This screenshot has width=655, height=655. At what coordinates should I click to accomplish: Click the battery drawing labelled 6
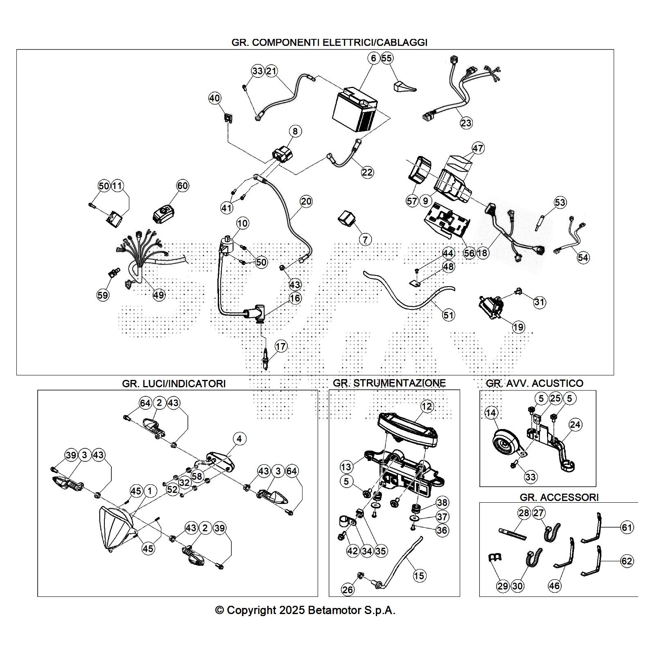coord(355,111)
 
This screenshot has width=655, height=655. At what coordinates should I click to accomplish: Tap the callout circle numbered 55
coord(386,58)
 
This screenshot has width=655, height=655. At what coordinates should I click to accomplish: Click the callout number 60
coord(182,186)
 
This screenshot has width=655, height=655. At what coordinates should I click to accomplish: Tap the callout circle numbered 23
coord(466,122)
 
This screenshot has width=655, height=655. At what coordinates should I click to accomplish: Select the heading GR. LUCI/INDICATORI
coord(174,384)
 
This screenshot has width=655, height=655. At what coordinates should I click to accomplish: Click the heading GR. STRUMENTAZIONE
coord(389,383)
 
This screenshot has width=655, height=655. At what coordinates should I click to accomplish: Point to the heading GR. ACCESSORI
coord(559,497)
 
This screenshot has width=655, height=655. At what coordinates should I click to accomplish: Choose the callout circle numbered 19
coord(518,327)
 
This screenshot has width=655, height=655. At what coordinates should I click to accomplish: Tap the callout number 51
coord(449,315)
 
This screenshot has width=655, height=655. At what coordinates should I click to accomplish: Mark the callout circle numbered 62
coord(627,561)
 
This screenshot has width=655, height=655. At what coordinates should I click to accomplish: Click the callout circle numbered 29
coord(503,586)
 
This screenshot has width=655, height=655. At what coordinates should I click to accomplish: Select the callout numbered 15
coord(419,576)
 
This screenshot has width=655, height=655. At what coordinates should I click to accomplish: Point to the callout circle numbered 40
coord(215,98)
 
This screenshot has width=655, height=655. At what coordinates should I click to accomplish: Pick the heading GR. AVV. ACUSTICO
coord(534,384)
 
